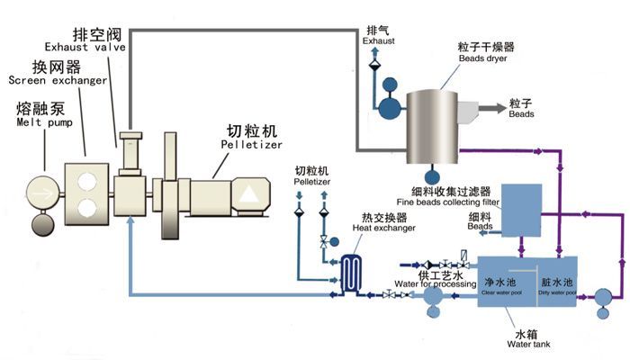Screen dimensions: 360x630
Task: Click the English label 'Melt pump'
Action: (40, 124)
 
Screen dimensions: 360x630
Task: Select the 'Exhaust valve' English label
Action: (86, 47)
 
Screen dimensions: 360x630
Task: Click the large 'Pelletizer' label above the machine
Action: (251, 143)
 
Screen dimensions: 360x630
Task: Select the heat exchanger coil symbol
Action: (351, 268)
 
